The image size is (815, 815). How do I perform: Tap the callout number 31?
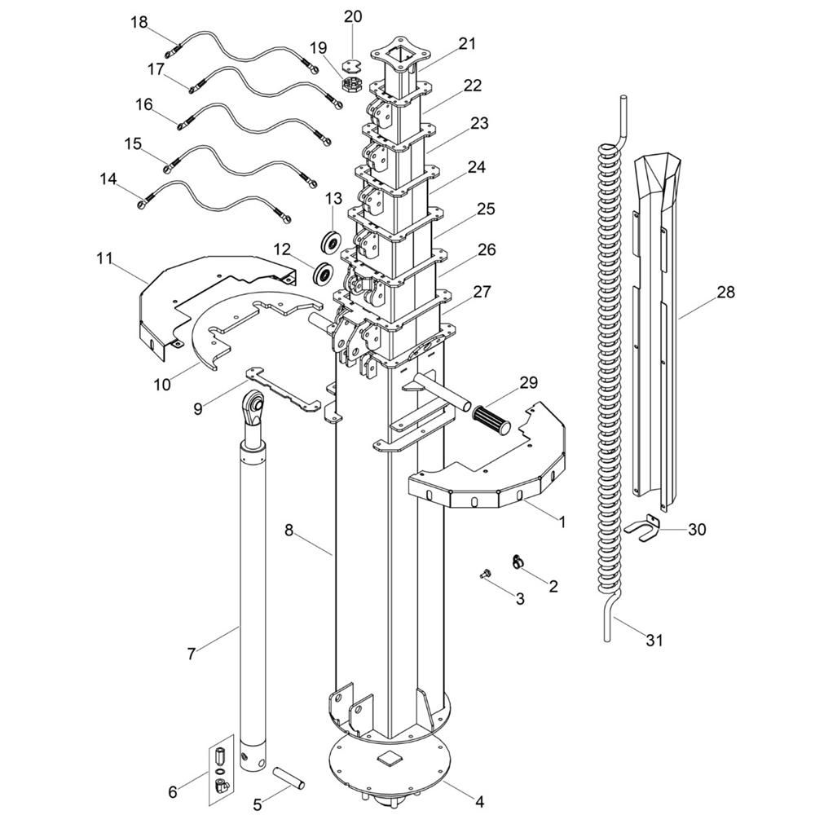[x=654, y=641]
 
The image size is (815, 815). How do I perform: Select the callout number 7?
[x=192, y=654]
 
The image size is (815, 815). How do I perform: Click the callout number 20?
[x=352, y=16]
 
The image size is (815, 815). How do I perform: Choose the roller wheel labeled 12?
[x=322, y=274]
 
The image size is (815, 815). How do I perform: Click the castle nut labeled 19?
[x=351, y=84]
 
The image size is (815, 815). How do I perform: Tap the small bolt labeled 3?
[x=486, y=575]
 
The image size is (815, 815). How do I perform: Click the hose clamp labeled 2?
[x=518, y=561]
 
